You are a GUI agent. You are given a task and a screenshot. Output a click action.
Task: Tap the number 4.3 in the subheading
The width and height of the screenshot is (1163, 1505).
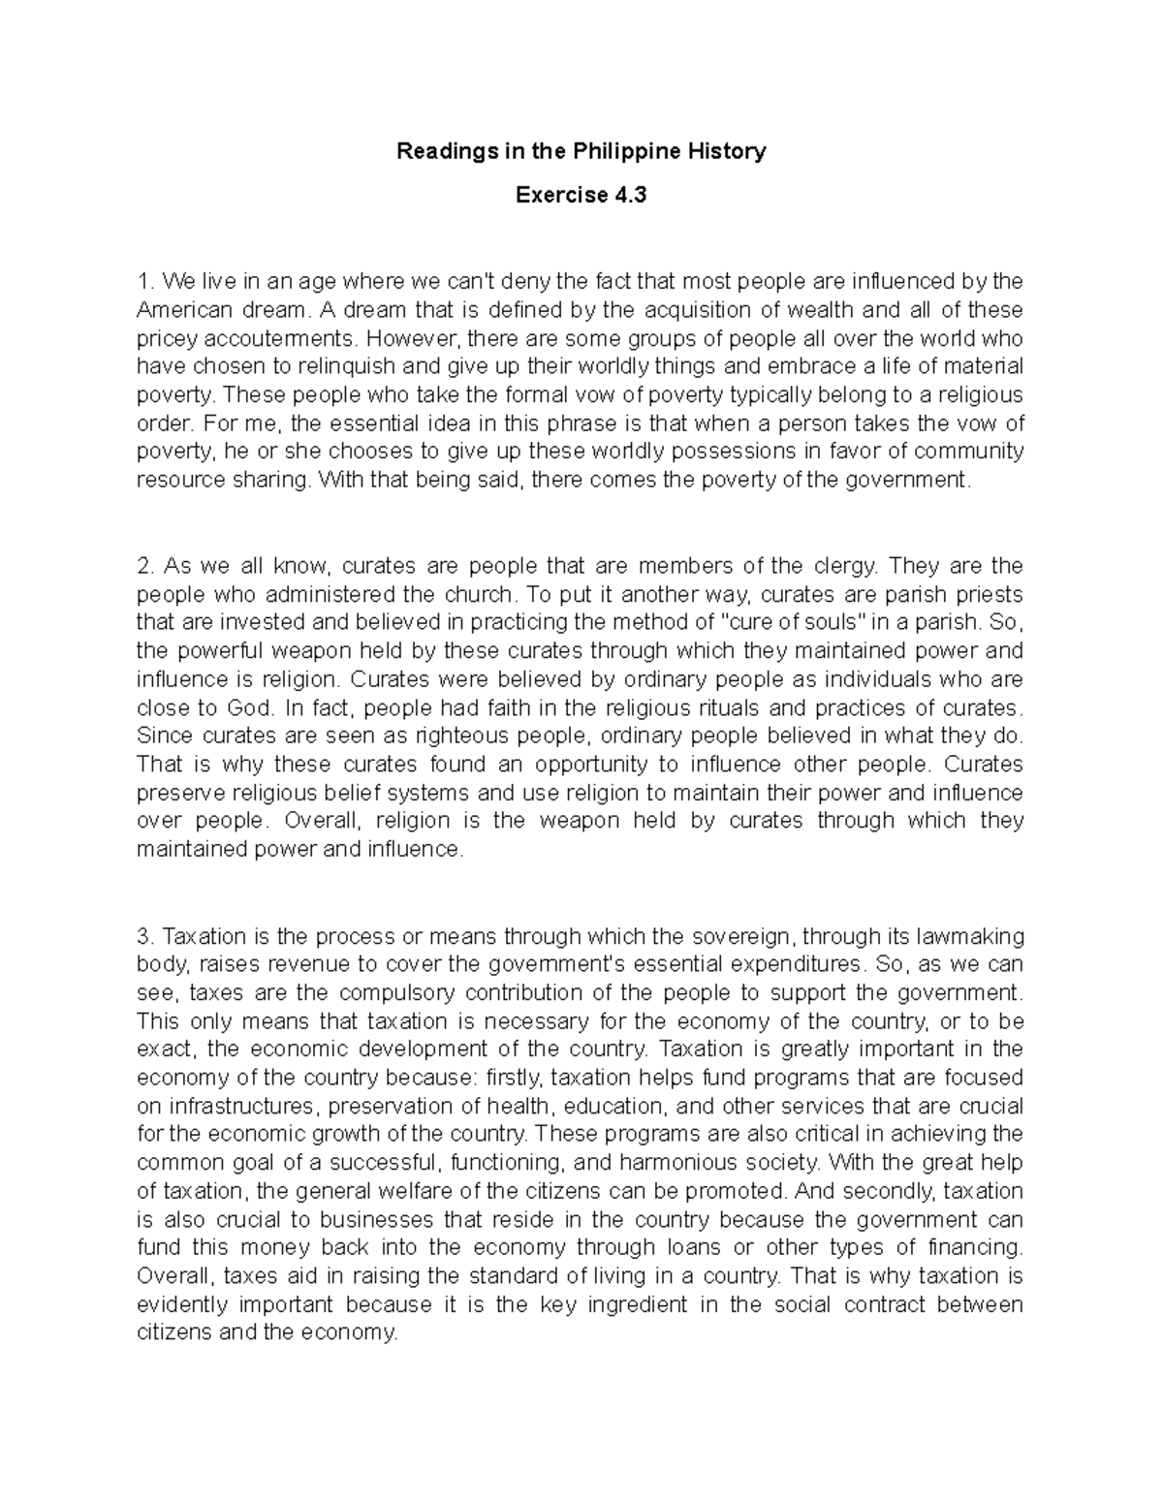(x=629, y=196)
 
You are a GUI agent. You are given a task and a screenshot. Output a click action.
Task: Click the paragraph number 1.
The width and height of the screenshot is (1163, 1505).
(x=144, y=282)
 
